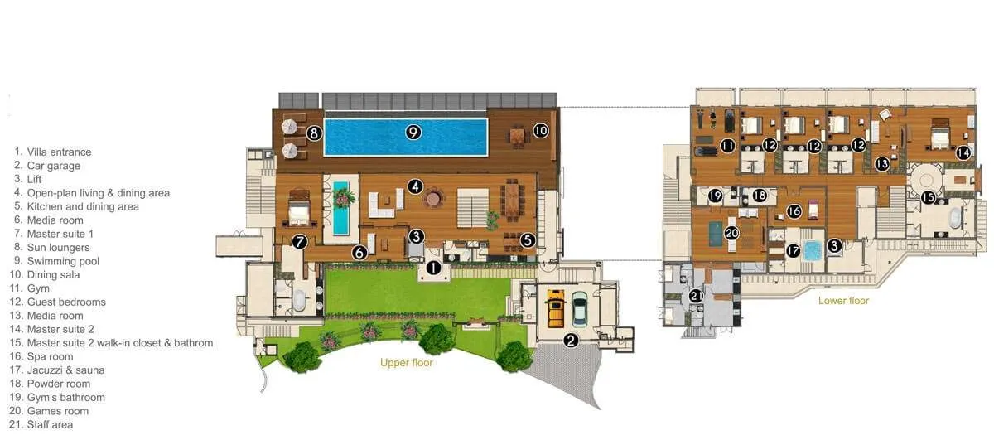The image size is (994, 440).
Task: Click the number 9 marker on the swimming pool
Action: coord(413,131)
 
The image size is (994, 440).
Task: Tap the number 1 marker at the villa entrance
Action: coord(432,268)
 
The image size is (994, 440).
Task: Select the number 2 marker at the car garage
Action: coord(571,340)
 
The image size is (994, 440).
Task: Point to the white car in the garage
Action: coord(579,312)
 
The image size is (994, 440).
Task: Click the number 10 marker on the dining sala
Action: coord(540,130)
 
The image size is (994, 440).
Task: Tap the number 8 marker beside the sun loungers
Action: coord(314,132)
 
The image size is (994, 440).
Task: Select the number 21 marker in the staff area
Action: coord(696,295)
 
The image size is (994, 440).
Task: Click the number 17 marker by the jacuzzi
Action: coord(793,250)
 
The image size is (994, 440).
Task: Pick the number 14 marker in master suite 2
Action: coord(963,152)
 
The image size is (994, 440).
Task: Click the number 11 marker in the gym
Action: coord(728,146)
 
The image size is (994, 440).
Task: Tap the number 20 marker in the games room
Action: coord(731,234)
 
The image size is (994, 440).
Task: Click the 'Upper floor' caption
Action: coord(406,363)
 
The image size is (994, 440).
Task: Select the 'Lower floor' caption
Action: coord(843,301)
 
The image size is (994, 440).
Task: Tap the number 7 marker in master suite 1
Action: coord(300,242)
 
